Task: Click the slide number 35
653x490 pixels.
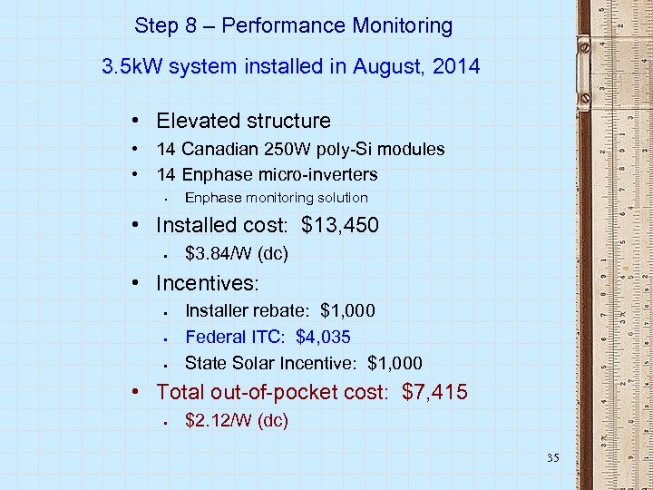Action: pyautogui.click(x=552, y=458)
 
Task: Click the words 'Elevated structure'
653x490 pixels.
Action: pyautogui.click(x=243, y=121)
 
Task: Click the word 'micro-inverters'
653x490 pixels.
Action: pyautogui.click(x=316, y=174)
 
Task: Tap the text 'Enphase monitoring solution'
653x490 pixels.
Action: pyautogui.click(x=277, y=198)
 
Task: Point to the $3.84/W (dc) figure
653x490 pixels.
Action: pyautogui.click(x=236, y=254)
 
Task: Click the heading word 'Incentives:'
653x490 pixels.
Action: pyautogui.click(x=208, y=283)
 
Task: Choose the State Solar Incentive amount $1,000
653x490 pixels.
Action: pyautogui.click(x=395, y=363)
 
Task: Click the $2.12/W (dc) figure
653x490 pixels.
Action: pyautogui.click(x=236, y=420)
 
